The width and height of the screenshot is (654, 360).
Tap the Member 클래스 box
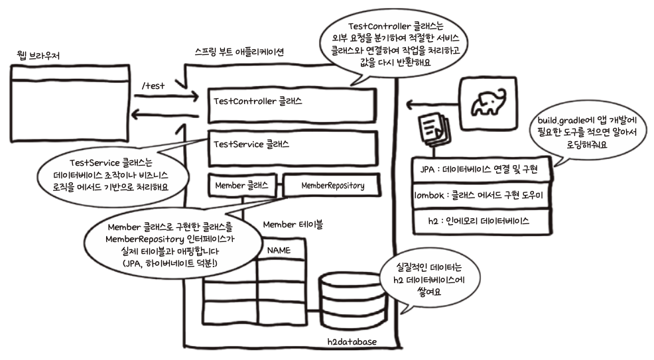tap(241, 186)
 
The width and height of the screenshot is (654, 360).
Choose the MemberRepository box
tap(333, 186)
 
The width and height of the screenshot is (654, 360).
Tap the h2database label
tap(352, 341)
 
